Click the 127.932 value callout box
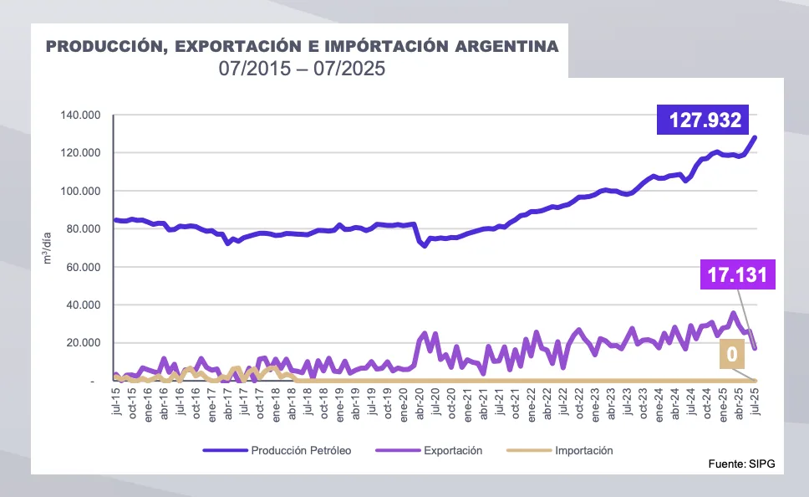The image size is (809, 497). (705, 120)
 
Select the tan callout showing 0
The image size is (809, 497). (732, 355)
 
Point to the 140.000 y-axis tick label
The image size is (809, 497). (81, 115)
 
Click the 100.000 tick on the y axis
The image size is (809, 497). (81, 191)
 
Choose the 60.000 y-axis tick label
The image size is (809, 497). (84, 267)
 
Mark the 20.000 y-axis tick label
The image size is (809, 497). (84, 343)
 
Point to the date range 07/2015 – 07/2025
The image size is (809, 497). (302, 69)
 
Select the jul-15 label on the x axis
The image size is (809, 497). (116, 398)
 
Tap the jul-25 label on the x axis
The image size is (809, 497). (756, 398)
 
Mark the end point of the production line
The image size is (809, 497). (756, 137)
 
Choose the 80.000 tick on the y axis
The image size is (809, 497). (84, 228)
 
